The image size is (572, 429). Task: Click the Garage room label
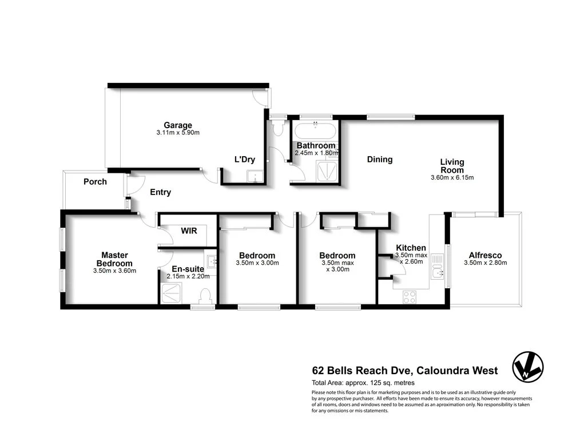click(178, 125)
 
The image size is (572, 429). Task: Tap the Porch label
click(95, 182)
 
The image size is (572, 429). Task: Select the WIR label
click(189, 231)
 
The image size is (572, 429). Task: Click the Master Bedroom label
click(115, 259)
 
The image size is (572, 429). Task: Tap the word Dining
click(380, 160)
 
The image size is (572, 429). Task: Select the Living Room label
click(452, 166)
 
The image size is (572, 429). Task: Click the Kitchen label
click(411, 248)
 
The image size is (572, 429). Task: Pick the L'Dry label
click(245, 159)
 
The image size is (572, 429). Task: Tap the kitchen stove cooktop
click(410, 296)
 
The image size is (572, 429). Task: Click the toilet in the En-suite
click(205, 296)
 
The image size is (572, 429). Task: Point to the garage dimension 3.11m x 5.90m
click(178, 133)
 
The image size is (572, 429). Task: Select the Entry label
click(160, 192)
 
